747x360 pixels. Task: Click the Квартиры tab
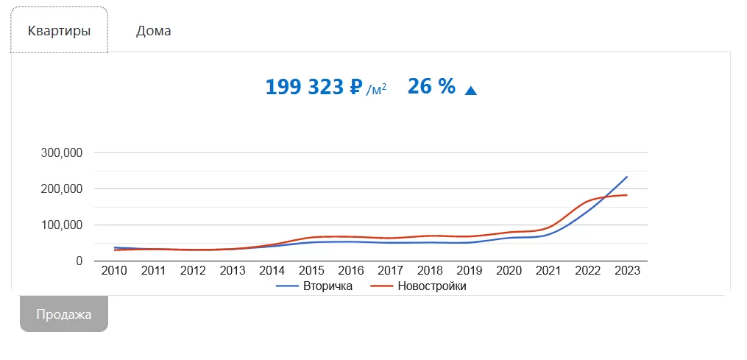click(x=59, y=31)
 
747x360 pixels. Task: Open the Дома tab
click(x=153, y=31)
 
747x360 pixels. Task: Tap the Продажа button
click(x=64, y=314)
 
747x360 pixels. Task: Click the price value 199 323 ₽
click(x=314, y=88)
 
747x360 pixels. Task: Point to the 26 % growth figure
click(x=431, y=87)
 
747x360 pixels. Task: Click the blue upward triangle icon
click(x=471, y=90)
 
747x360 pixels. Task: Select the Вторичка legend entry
click(x=314, y=286)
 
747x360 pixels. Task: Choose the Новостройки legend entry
click(x=420, y=286)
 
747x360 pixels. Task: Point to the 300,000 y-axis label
click(x=63, y=152)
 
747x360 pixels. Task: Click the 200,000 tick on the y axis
click(x=63, y=188)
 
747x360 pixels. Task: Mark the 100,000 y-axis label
click(x=63, y=225)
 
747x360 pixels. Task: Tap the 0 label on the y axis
click(x=79, y=261)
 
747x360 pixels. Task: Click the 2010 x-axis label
click(x=114, y=271)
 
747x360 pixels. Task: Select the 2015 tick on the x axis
click(x=311, y=271)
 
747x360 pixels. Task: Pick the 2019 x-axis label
click(x=470, y=271)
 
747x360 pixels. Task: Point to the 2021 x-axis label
click(x=548, y=271)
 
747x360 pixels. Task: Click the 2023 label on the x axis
click(x=627, y=271)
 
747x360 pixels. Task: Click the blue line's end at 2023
click(x=627, y=177)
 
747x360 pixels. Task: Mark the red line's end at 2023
click(x=627, y=195)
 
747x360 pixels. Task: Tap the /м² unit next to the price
click(x=376, y=89)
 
